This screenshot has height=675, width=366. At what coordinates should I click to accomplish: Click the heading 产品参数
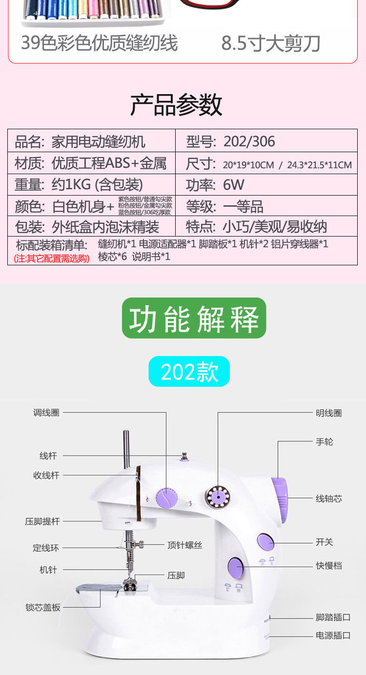[x=176, y=104]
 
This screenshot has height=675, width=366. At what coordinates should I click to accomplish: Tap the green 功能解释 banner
[x=194, y=318]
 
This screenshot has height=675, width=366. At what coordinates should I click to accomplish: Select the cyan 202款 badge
[x=189, y=372]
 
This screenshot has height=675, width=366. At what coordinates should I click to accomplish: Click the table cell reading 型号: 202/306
[x=266, y=141]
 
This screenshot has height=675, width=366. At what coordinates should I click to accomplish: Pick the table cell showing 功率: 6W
[x=266, y=185]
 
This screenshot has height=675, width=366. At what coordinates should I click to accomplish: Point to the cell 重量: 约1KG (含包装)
[x=91, y=185]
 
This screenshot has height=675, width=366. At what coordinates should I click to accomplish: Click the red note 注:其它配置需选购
[x=52, y=258]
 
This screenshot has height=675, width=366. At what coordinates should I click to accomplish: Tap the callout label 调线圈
[x=46, y=413]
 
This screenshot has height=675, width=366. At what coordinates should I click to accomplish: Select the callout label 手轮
[x=325, y=442]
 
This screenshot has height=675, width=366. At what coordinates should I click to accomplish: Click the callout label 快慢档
[x=328, y=566]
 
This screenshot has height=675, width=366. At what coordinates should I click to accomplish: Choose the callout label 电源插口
[x=333, y=635]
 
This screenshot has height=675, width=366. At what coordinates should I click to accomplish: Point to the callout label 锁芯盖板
[x=43, y=607]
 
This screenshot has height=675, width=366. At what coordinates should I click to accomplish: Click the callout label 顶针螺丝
[x=184, y=545]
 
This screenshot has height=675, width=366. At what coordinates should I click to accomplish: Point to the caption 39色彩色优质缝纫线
[x=100, y=43]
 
